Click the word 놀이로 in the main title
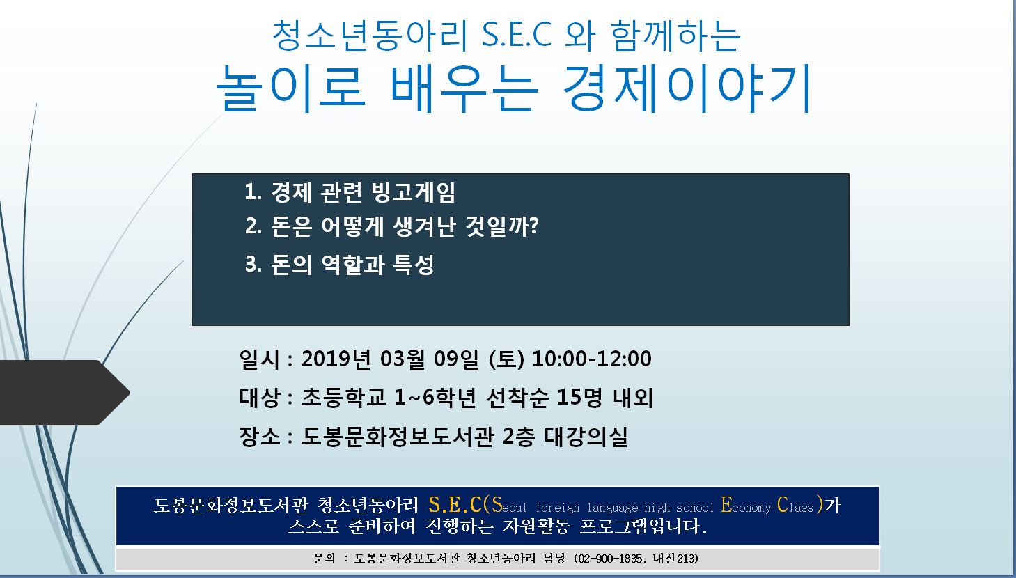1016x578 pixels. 291,88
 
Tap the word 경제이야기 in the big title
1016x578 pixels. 687,88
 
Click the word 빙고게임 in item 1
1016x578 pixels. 413,192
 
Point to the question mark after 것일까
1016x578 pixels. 534,225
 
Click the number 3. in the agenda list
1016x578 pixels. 253,264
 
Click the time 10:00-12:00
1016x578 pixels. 591,359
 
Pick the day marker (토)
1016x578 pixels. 507,359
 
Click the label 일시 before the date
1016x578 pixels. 260,359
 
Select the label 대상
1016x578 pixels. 260,398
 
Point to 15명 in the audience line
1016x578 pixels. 579,398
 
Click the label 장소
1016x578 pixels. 260,437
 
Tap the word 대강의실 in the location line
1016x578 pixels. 586,437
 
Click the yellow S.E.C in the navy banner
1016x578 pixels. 455,504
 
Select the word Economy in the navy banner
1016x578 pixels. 746,506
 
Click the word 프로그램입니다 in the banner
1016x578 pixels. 643,526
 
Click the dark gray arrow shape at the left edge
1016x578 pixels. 63,393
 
